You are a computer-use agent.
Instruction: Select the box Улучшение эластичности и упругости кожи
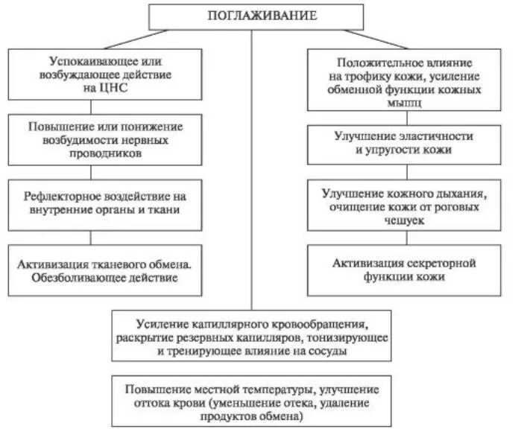click(x=403, y=143)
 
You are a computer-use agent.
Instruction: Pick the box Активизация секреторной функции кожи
click(x=403, y=270)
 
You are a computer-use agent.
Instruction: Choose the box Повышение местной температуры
click(x=252, y=402)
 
